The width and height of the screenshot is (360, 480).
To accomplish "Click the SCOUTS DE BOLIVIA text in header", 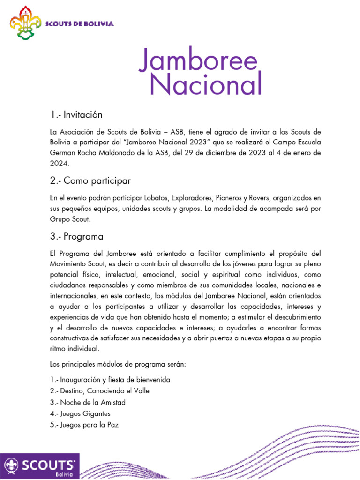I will [x=79, y=24].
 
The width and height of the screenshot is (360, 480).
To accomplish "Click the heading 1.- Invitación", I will [x=76, y=115].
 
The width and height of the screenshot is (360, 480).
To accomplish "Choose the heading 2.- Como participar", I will [x=90, y=180].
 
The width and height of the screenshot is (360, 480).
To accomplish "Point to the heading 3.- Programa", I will [x=76, y=236].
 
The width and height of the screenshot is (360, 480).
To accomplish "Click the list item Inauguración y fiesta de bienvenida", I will [x=110, y=379].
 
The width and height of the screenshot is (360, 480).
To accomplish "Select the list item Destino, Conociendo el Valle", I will [x=99, y=390].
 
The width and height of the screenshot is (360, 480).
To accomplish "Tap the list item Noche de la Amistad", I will [x=87, y=402].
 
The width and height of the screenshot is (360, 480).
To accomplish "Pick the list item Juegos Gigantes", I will [x=80, y=414].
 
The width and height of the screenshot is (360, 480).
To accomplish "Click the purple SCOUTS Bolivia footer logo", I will [x=40, y=466].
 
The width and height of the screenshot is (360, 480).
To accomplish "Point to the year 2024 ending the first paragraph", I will [x=59, y=164].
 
